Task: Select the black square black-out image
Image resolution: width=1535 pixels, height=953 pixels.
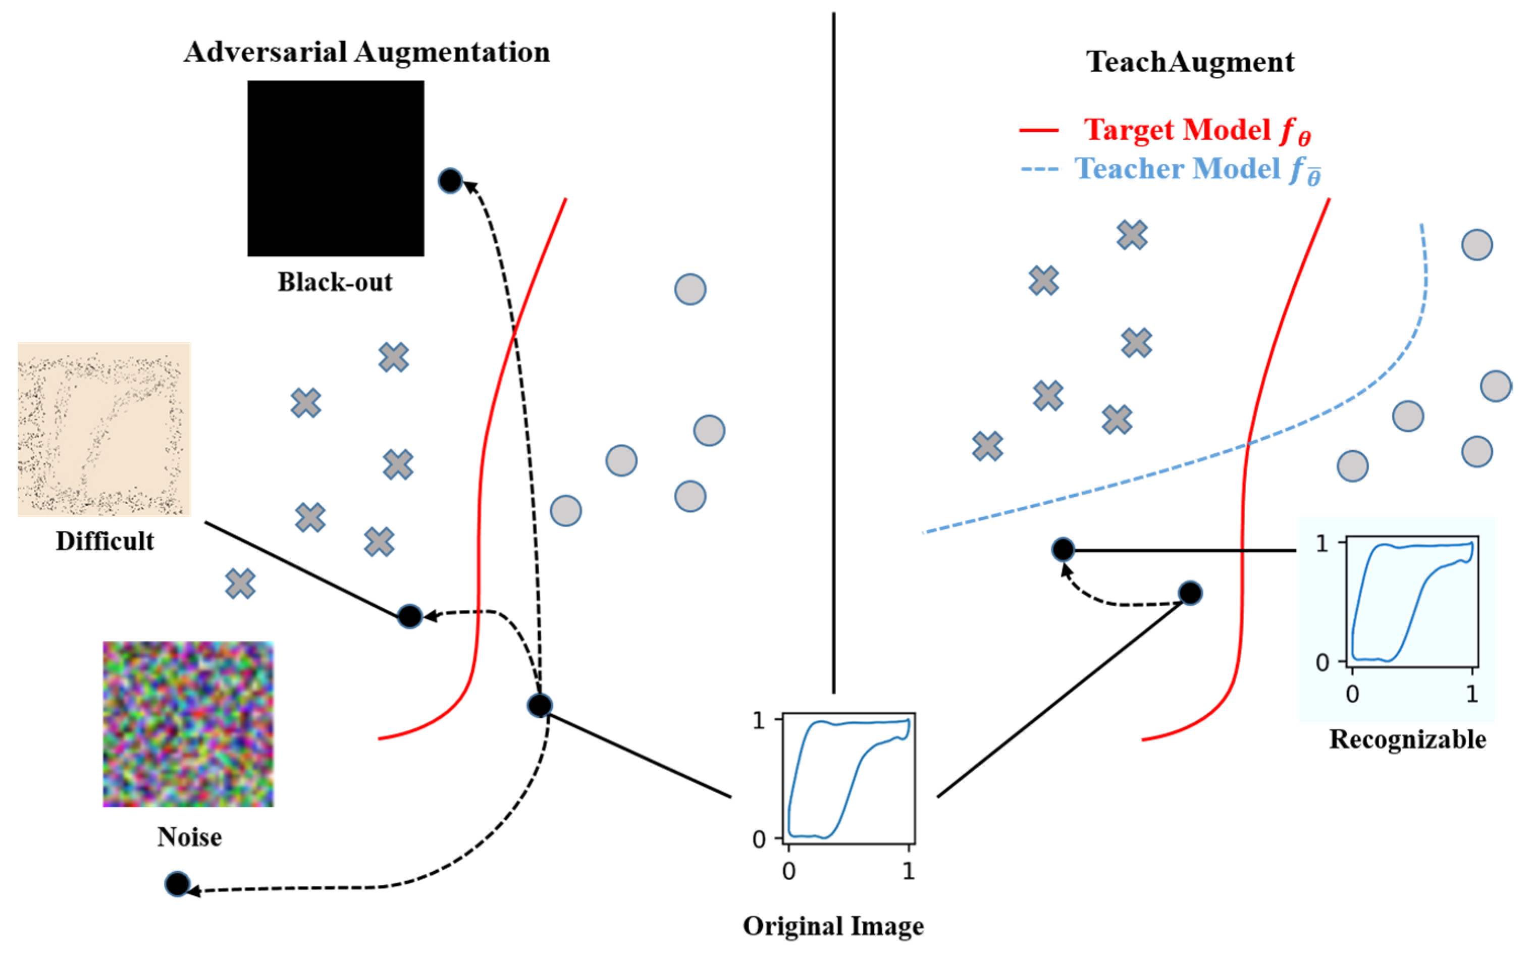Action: (335, 168)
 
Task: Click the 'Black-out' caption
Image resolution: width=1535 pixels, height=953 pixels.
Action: (335, 282)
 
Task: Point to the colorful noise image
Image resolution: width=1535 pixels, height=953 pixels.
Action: (188, 724)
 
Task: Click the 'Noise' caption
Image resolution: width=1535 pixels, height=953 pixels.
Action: (189, 837)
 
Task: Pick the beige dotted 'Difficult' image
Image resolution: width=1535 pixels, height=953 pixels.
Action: (104, 429)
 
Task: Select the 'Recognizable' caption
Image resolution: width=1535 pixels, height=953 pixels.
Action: (1407, 739)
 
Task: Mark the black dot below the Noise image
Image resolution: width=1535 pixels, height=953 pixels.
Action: (177, 884)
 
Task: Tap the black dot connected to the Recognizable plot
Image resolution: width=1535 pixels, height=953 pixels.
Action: (1063, 550)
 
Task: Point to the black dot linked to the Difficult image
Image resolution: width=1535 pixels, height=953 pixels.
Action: (409, 616)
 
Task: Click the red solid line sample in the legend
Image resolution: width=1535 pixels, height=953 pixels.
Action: (1038, 130)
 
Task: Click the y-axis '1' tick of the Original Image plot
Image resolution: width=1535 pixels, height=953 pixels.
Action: (759, 720)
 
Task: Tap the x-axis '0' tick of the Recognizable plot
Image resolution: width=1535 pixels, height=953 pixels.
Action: (1352, 695)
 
